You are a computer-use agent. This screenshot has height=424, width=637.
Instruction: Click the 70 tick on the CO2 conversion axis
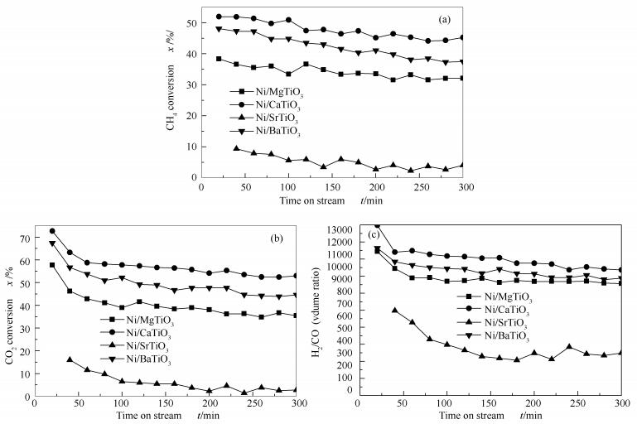[x=30, y=238]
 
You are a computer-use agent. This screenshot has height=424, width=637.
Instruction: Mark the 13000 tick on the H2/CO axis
[x=338, y=227]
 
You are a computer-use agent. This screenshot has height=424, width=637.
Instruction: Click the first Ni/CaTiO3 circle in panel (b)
[x=53, y=231]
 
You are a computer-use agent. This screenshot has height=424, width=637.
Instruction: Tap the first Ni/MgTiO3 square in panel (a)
[x=220, y=59]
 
